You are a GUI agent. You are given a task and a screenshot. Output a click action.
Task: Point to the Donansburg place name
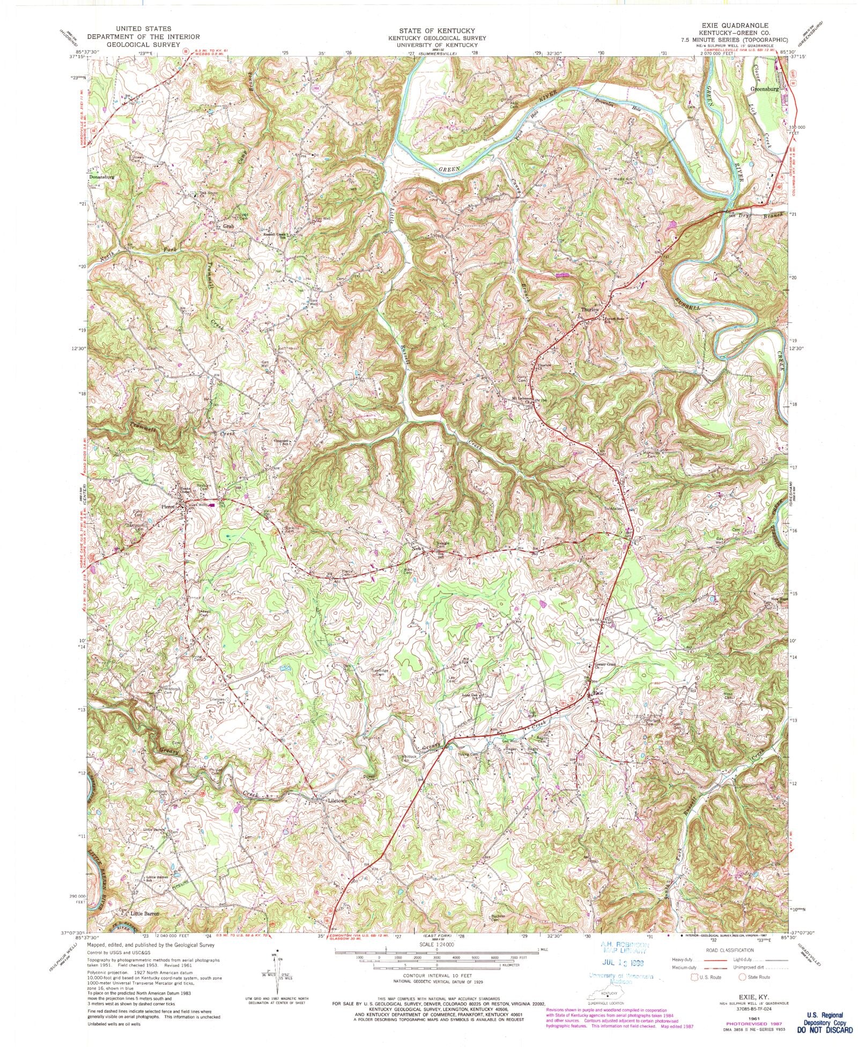click(101, 176)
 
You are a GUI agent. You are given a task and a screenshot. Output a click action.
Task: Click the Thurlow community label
click(589, 310)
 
